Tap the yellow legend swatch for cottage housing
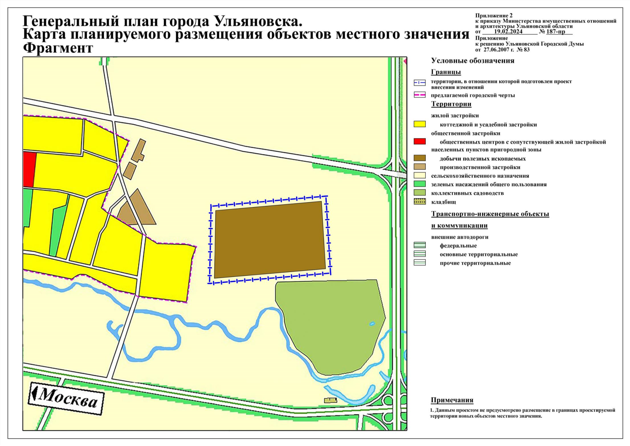tap(420, 124)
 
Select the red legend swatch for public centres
tap(420, 142)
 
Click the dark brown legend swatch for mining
tap(420, 158)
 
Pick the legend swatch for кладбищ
tap(420, 202)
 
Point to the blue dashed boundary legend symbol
tap(420, 83)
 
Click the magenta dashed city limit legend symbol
tap(420, 95)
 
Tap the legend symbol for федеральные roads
tap(420, 245)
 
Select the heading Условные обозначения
tap(472, 61)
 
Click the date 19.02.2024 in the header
tap(508, 32)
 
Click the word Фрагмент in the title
tap(58, 48)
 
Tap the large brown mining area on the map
tap(270, 240)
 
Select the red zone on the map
tap(29, 169)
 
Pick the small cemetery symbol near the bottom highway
tap(330, 400)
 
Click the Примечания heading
tap(452, 400)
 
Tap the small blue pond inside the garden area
tap(372, 324)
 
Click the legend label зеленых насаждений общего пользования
tap(489, 184)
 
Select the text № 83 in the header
tap(523, 49)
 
